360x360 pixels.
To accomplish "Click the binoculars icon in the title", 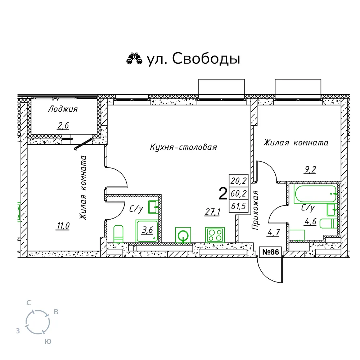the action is [134, 58].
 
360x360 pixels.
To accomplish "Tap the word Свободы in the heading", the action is [206, 59].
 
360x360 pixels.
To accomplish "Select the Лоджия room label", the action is [63, 109].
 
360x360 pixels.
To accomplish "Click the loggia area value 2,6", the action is [63, 126].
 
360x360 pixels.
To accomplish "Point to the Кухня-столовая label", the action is [184, 147].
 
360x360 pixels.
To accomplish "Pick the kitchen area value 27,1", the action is [213, 212].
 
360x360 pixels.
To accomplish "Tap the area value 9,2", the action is [310, 170].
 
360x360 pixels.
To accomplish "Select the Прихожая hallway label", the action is [255, 210].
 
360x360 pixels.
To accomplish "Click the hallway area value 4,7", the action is [274, 233].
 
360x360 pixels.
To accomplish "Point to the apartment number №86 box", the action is [270, 252].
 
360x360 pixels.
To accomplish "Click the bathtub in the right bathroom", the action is [315, 194].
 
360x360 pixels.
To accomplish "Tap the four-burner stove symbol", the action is [215, 235].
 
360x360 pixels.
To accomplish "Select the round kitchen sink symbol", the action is [183, 235].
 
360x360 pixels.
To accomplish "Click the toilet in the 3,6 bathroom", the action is [118, 234].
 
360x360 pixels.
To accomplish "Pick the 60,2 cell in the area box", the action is [239, 194].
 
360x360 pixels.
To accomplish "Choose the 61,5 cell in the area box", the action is [239, 206].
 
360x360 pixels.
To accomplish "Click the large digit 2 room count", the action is [223, 194].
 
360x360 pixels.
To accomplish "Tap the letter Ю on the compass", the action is [48, 342].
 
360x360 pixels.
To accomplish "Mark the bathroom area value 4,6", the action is [311, 222].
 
